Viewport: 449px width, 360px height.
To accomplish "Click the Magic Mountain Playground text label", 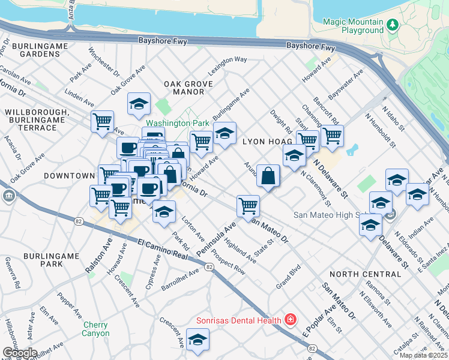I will pyautogui.click(x=353, y=25).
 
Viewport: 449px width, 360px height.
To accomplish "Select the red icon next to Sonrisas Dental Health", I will pyautogui.click(x=291, y=319).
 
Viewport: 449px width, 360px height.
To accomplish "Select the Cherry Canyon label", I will pyautogui.click(x=96, y=329).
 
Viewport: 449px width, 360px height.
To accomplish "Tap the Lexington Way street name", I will pyautogui.click(x=228, y=60).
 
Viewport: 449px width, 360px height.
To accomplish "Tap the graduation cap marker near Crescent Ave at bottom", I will pyautogui.click(x=197, y=339).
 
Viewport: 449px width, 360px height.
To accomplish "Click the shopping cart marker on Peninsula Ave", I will pyautogui.click(x=248, y=206).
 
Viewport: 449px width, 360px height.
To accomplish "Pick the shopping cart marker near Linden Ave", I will pyautogui.click(x=103, y=121).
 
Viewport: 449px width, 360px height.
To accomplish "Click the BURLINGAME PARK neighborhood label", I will pyautogui.click(x=51, y=260).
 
